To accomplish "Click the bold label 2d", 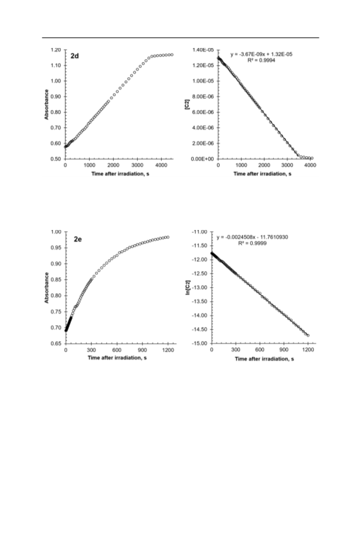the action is pos(74,56).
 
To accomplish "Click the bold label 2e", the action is pos(78,239).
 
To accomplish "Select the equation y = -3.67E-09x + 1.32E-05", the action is pos(262,54).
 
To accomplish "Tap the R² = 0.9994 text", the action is pos(262,60).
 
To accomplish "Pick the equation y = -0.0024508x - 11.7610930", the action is pos(252,237).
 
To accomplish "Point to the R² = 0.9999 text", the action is pos(252,243).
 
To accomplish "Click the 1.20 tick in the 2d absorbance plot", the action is pos(56,50).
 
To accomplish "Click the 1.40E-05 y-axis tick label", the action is pos(203,50).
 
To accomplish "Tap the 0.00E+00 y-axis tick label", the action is pos(203,159).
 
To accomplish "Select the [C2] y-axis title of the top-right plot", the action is pos(187,105).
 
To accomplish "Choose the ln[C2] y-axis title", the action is pos(188,288).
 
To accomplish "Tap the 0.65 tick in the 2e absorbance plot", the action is pos(56,343).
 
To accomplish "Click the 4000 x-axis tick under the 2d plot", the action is pos(161,165).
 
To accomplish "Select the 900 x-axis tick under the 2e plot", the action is pos(142,350).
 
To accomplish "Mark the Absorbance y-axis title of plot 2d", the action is pos(46,105).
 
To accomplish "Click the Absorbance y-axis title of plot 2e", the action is pos(46,288).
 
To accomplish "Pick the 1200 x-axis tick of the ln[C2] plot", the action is pos(308,350).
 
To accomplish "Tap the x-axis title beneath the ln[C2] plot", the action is pos(264,358).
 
